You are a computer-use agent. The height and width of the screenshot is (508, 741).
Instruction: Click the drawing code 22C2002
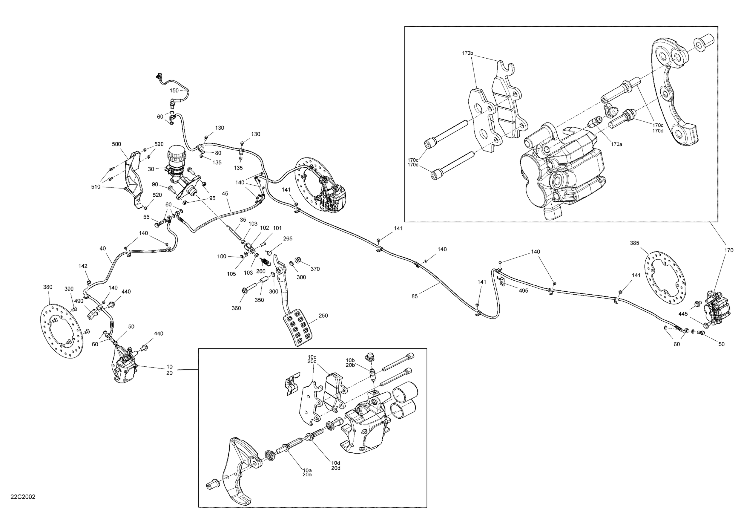(x=23, y=497)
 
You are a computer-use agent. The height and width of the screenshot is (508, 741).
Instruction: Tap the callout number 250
(x=323, y=316)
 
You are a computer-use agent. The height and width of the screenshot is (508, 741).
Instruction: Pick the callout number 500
(x=116, y=144)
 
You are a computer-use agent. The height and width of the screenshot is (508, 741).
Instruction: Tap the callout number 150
(x=174, y=91)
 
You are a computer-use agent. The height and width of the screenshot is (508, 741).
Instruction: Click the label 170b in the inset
(x=467, y=53)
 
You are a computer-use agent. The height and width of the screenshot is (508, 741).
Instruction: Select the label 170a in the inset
(x=616, y=144)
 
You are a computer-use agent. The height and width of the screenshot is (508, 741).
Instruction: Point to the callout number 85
(x=415, y=296)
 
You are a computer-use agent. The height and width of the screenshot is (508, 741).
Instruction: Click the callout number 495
(x=524, y=291)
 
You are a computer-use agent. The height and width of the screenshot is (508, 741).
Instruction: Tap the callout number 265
(x=288, y=238)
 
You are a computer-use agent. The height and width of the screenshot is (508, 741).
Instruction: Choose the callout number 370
(x=315, y=269)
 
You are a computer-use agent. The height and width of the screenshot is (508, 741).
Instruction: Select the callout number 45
(x=225, y=193)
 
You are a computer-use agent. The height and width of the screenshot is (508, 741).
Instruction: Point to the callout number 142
(x=83, y=266)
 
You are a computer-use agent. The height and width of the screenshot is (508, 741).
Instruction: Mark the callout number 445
(x=683, y=314)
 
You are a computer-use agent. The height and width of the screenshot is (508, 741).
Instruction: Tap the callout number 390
(x=69, y=289)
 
